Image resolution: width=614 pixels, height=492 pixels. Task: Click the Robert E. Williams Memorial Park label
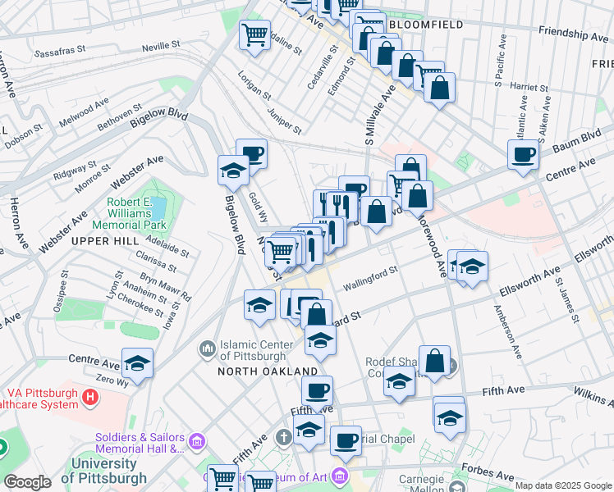click(x=135, y=213)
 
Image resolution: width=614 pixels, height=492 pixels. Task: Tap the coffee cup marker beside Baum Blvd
click(x=523, y=154)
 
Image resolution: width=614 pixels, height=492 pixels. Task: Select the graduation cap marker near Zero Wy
click(x=137, y=362)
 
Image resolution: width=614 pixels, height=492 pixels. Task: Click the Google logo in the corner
click(x=28, y=483)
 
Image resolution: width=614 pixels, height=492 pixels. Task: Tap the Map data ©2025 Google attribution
click(x=562, y=485)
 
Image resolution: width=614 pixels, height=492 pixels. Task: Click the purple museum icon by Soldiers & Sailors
click(x=196, y=443)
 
